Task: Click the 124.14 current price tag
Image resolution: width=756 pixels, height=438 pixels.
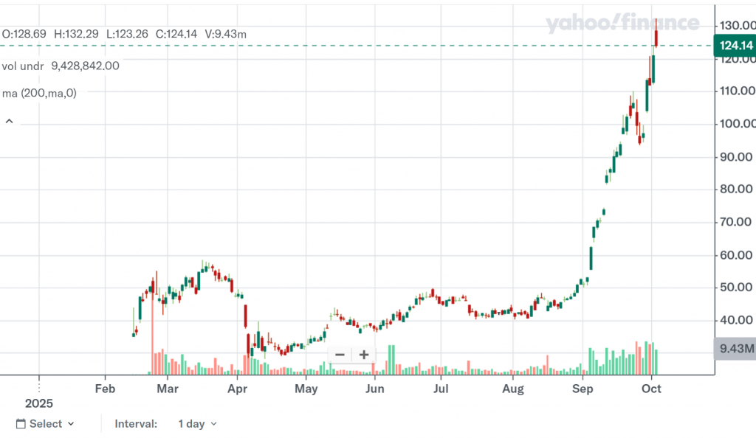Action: pos(736,46)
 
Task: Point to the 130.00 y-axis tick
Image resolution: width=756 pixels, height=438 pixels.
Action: pos(735,26)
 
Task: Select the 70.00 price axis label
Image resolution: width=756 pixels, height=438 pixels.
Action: pos(735,222)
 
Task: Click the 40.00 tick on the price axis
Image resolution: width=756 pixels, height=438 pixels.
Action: pos(735,320)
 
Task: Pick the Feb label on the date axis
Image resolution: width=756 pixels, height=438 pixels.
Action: pos(106,389)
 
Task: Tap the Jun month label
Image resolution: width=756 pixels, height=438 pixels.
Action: pos(375,389)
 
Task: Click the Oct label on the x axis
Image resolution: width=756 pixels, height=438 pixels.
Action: pos(651,389)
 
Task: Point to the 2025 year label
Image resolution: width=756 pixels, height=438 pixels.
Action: pos(39,404)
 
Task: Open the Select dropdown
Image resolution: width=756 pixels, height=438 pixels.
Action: pos(45,424)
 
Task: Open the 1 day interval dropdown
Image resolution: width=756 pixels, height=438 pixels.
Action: pos(198,424)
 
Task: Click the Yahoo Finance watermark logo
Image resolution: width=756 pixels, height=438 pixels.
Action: pos(622,24)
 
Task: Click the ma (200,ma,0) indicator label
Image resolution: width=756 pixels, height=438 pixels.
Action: pos(39,93)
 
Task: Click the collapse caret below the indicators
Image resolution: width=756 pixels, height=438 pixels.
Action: pos(10,121)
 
